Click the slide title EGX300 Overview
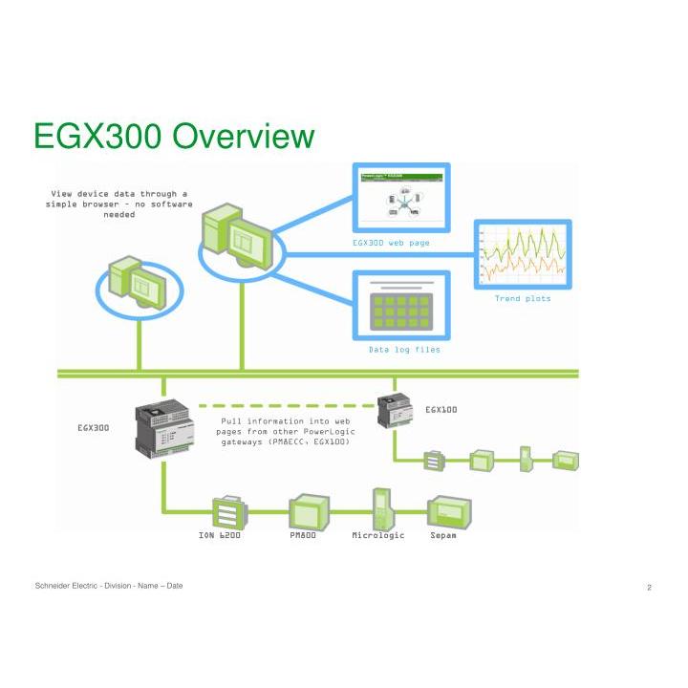tap(174, 136)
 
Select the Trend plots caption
tap(522, 298)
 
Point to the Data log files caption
tap(404, 350)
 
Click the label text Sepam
tap(443, 535)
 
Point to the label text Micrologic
tap(378, 535)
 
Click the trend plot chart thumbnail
tap(522, 255)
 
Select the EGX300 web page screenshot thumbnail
tap(401, 198)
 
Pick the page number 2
tap(649, 588)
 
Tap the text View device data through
tap(119, 193)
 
